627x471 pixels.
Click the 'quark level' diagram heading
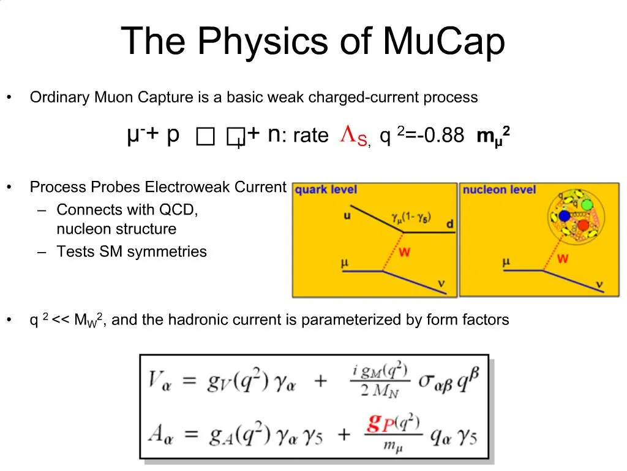pyautogui.click(x=326, y=190)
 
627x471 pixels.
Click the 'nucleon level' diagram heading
pyautogui.click(x=499, y=190)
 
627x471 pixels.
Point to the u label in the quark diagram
pyautogui.click(x=347, y=215)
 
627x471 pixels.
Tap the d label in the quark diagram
pyautogui.click(x=450, y=224)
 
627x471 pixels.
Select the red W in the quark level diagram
pyautogui.click(x=404, y=252)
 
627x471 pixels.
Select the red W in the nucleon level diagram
pyautogui.click(x=563, y=259)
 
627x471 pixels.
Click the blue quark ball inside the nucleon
pyautogui.click(x=565, y=215)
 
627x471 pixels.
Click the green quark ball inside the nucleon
pyautogui.click(x=587, y=205)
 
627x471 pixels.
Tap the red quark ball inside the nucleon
pyautogui.click(x=583, y=226)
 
